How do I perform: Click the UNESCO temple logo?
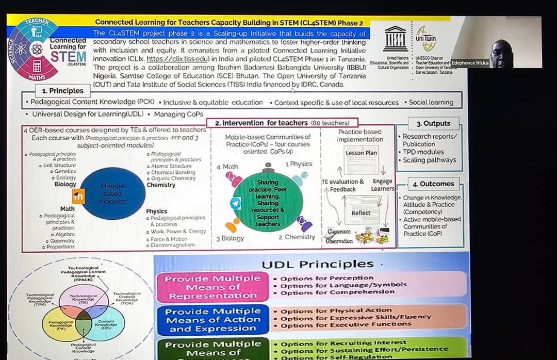(395, 38)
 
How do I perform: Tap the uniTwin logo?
(425, 38)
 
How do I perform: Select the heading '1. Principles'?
(62, 91)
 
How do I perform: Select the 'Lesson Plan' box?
(361, 153)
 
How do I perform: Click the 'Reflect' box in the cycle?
(361, 212)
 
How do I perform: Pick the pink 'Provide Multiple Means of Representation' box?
(212, 287)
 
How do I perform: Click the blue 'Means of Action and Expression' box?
(212, 320)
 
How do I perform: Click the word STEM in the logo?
(68, 56)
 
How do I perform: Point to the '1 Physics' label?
(299, 164)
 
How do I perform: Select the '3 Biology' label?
(230, 238)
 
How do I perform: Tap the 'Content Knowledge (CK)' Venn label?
(106, 323)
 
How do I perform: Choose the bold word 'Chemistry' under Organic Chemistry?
(161, 185)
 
